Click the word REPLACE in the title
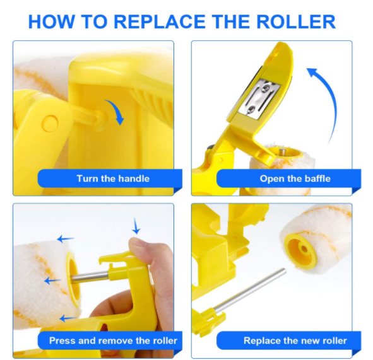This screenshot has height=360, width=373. [x=159, y=21]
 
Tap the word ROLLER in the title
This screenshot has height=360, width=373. [x=296, y=21]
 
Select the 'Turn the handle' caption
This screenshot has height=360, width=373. [x=113, y=178]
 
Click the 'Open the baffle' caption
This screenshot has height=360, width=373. [x=295, y=178]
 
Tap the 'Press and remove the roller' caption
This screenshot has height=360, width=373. [x=113, y=340]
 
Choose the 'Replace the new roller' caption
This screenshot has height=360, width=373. [x=295, y=340]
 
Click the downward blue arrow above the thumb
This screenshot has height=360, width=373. [x=136, y=226]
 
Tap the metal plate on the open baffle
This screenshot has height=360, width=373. [x=259, y=98]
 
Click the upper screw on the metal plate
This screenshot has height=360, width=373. [x=266, y=89]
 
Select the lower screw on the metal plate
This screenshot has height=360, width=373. [x=251, y=110]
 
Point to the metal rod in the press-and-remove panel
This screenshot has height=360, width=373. [x=90, y=277]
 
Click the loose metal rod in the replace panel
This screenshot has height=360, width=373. [x=250, y=290]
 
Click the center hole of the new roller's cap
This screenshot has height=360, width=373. [x=304, y=249]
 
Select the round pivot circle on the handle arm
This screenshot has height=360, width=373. [x=50, y=124]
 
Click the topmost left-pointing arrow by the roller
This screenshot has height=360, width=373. [x=66, y=238]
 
